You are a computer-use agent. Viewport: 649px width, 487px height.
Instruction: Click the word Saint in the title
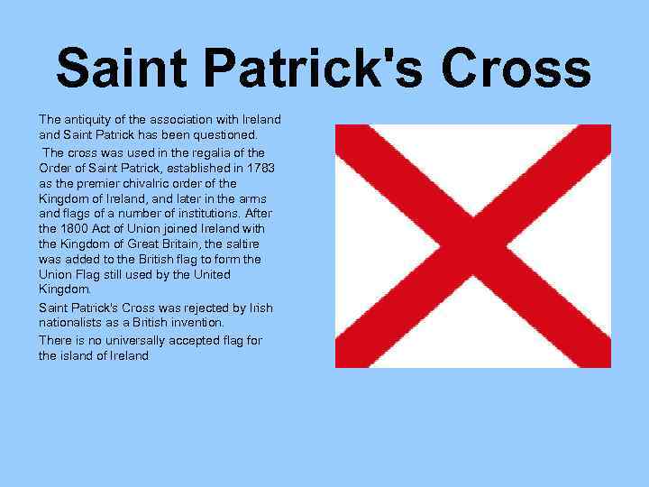click(123, 68)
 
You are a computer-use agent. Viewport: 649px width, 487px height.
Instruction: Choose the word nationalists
click(73, 322)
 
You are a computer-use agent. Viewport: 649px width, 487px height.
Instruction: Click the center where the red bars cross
click(473, 245)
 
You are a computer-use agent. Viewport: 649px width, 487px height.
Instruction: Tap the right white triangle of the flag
click(577, 245)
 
